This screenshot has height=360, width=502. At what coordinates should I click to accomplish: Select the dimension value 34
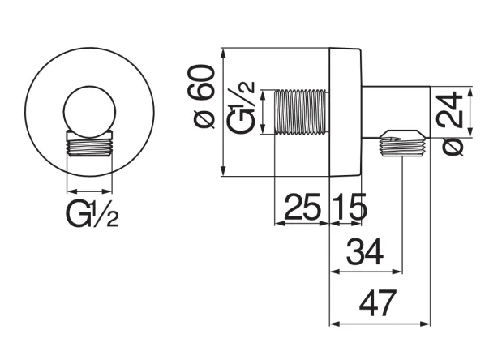[x=365, y=255]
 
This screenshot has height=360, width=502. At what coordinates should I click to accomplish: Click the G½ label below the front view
[x=92, y=216]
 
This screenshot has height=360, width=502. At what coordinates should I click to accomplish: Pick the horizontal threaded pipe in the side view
[x=302, y=112]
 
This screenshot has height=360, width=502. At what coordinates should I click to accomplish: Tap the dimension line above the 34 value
[x=365, y=273]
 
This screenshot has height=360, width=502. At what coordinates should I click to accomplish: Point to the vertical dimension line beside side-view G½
[x=265, y=112]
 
